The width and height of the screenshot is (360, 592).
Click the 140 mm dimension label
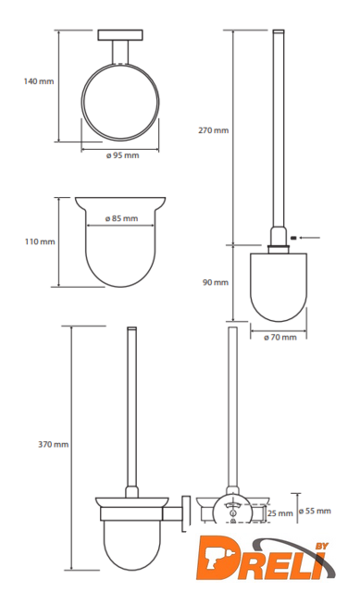click(39, 81)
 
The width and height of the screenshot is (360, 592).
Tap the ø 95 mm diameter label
click(122, 155)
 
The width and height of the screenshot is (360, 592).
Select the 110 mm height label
click(40, 241)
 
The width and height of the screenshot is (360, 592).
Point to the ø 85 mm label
click(121, 218)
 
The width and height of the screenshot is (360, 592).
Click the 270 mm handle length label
click(214, 130)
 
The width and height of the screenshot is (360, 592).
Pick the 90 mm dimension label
click(216, 282)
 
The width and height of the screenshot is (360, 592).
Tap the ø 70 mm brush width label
click(279, 337)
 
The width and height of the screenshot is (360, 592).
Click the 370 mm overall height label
click(54, 444)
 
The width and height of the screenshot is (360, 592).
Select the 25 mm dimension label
click(279, 513)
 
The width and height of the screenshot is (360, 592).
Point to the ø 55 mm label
click(315, 511)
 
